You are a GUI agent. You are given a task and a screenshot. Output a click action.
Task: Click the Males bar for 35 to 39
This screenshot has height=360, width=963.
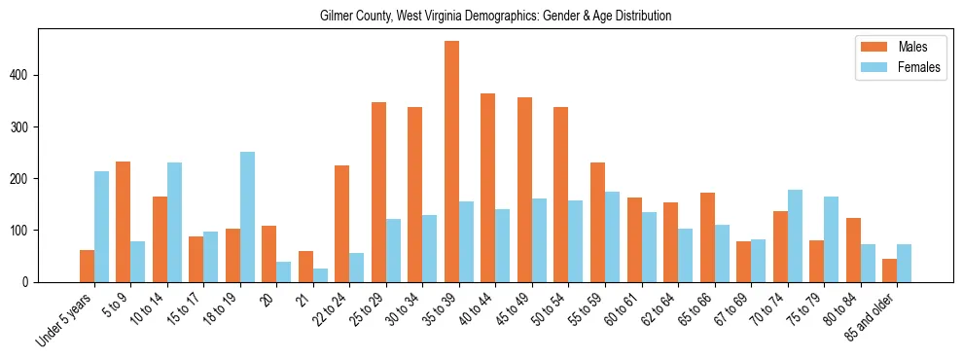pos(451,162)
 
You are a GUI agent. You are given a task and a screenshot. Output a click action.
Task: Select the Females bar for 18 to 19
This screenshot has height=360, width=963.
pos(247,217)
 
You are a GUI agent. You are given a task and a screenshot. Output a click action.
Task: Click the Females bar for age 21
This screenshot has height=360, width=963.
pos(320,275)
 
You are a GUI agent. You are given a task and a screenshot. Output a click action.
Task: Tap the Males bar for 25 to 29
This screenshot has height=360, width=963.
pos(378,192)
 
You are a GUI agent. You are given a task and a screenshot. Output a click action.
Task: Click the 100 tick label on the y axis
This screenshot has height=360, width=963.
pos(28,231)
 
